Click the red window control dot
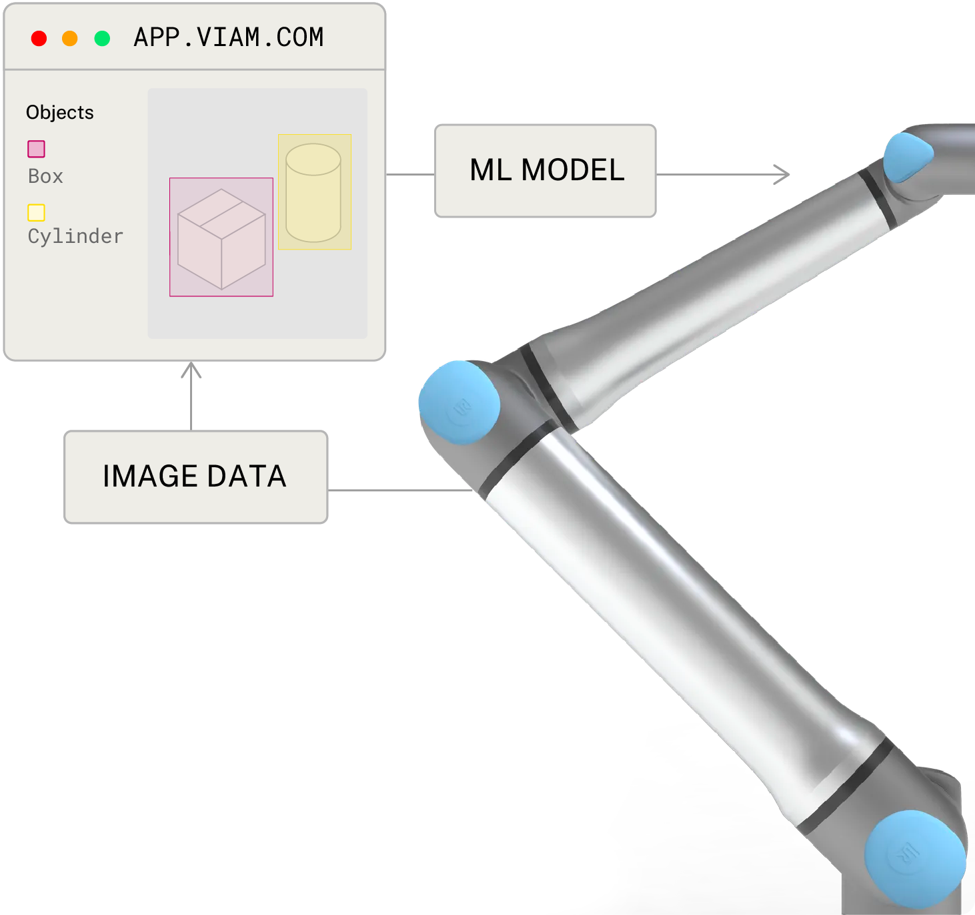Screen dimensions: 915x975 coord(39,39)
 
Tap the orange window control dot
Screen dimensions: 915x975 coord(69,39)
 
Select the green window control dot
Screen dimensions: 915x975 coord(102,39)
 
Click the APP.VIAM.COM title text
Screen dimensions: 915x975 coord(229,37)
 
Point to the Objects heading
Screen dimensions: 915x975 coord(59,112)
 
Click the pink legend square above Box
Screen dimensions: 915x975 coord(36,149)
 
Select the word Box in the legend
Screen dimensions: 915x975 coord(45,176)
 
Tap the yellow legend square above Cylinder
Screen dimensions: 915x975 coord(36,212)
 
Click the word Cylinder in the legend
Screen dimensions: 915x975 coord(75,236)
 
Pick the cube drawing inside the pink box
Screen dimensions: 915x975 coord(221,238)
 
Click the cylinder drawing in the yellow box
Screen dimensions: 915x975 coord(313,193)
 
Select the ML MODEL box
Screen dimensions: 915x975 coord(546,171)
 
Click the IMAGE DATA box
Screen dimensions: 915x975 coord(195,477)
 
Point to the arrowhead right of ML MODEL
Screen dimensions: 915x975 coord(782,175)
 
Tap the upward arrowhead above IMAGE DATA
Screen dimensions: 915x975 coord(191,370)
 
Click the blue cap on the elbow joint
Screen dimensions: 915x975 coord(459,402)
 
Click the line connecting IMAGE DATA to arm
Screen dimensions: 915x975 coord(400,491)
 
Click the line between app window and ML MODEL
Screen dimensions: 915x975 coord(410,175)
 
